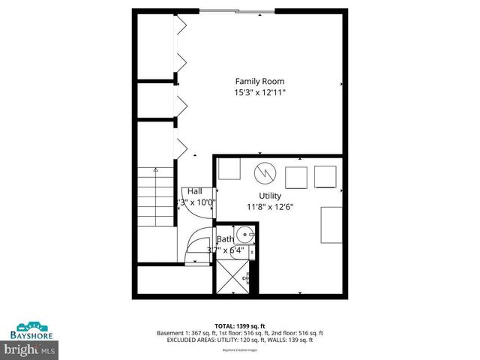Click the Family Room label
click(x=259, y=81)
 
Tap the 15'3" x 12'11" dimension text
click(x=259, y=92)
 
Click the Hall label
click(x=195, y=190)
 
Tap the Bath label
click(x=226, y=239)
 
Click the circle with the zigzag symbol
click(x=264, y=173)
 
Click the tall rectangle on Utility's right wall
click(x=331, y=225)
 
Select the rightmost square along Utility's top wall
click(x=325, y=176)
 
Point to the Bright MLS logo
click(x=29, y=349)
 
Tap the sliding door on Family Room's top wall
click(x=230, y=10)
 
